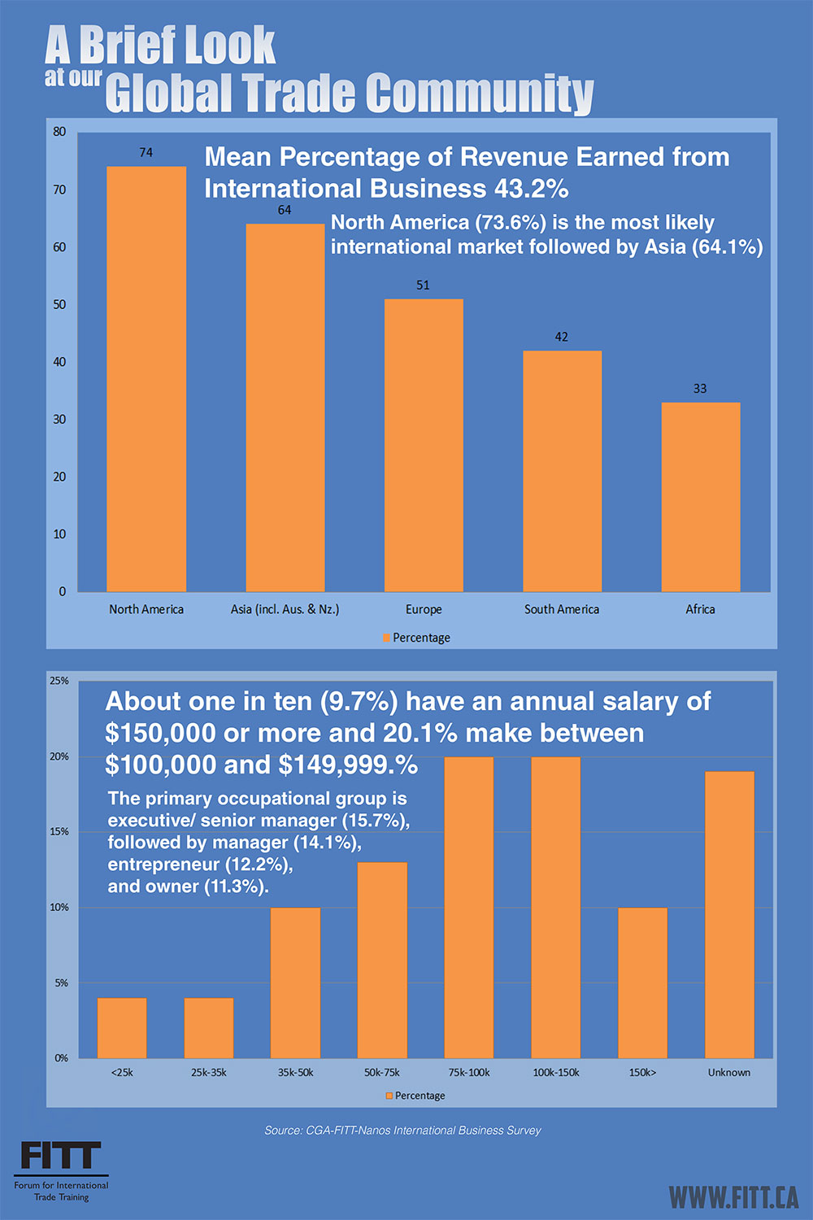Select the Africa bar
pyautogui.click(x=700, y=497)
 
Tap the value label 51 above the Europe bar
pyautogui.click(x=423, y=285)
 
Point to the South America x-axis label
pyautogui.click(x=561, y=609)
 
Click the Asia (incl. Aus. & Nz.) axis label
pyautogui.click(x=285, y=609)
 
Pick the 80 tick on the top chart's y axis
pyautogui.click(x=59, y=132)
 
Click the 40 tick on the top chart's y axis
pyautogui.click(x=59, y=362)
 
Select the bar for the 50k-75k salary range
pyautogui.click(x=382, y=960)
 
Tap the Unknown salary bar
pyautogui.click(x=729, y=914)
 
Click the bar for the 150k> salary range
pyautogui.click(x=642, y=983)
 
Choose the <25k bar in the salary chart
pyautogui.click(x=122, y=1028)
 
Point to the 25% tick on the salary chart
pyautogui.click(x=59, y=681)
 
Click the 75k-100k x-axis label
pyautogui.click(x=469, y=1073)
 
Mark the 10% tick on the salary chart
pyautogui.click(x=59, y=908)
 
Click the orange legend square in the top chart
pyautogui.click(x=387, y=638)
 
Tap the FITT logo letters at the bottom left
pyautogui.click(x=60, y=1156)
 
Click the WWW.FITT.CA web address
pyautogui.click(x=733, y=1197)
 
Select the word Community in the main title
pyautogui.click(x=480, y=94)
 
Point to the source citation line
pyautogui.click(x=402, y=1131)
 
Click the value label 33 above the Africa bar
pyautogui.click(x=700, y=389)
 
